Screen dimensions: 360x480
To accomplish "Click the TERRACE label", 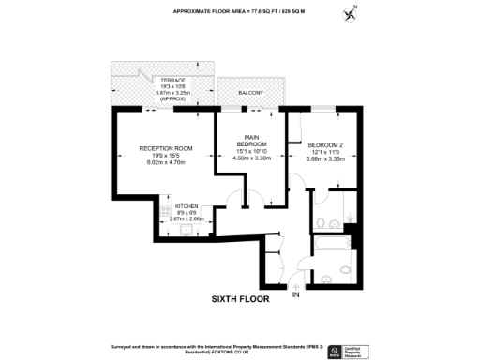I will coord(172,81).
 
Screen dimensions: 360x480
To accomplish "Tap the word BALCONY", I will coord(248,94).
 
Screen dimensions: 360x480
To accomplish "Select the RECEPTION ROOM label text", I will coord(165,148).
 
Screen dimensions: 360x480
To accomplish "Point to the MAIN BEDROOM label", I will coord(252,139).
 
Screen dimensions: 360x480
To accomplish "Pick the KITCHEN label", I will coord(187,204).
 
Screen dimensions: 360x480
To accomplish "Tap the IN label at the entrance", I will coord(297,296).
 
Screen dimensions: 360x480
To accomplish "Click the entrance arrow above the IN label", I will coord(297,286).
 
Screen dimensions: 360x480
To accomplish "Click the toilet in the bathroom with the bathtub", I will coord(323,276).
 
